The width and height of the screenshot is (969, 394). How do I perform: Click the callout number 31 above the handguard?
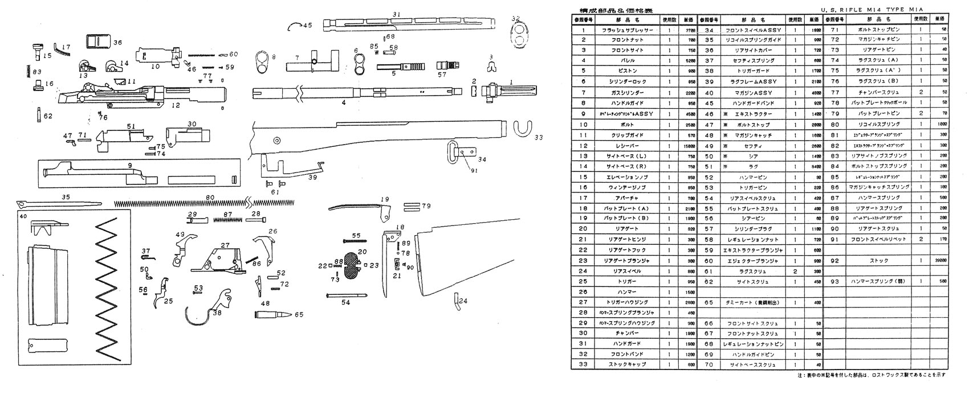(397, 14)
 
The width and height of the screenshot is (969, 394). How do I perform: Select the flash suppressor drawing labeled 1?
(510, 91)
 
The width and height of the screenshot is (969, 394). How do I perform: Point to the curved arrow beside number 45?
(294, 26)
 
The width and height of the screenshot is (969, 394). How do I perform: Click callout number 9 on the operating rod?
(130, 166)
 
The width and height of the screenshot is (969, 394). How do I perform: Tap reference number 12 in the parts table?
(583, 145)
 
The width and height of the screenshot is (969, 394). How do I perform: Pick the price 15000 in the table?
(688, 145)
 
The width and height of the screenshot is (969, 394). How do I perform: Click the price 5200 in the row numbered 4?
(688, 60)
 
